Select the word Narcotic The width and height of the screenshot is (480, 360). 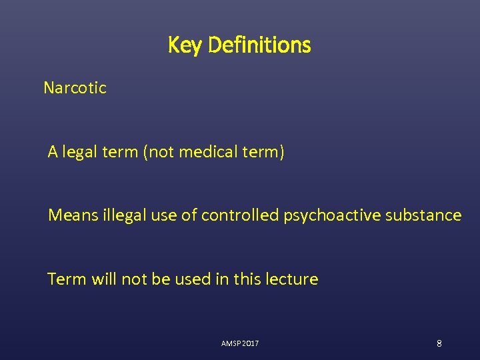(75, 87)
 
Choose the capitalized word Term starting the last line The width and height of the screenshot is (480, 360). (64, 279)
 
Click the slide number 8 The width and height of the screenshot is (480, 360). (439, 343)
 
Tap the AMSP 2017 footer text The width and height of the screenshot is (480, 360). (240, 343)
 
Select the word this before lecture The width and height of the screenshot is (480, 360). (245, 279)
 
